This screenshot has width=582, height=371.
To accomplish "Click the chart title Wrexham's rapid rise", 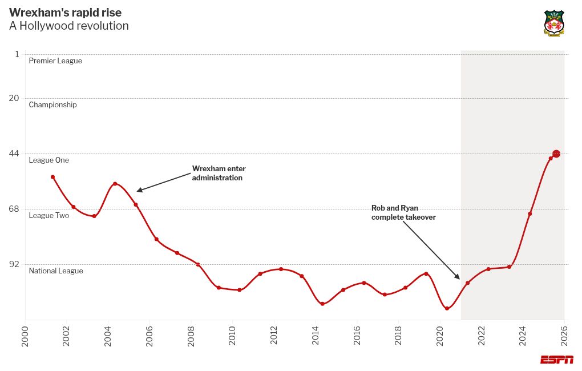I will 65,13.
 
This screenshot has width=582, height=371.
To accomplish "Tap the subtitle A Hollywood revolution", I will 69,26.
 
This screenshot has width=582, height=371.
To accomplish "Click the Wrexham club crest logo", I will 554,23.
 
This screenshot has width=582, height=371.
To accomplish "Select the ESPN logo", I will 557,360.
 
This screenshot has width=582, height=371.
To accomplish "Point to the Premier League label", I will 55,61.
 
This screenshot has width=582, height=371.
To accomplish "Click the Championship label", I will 52,105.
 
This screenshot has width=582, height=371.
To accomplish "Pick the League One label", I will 49,160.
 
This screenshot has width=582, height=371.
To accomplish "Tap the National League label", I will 56,271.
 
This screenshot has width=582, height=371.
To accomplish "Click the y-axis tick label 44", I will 15,154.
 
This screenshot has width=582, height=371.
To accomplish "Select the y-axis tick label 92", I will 15,264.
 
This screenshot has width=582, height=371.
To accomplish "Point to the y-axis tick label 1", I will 17,54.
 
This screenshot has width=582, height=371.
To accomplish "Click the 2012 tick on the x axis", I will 274,336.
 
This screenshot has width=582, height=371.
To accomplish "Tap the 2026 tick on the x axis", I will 564,336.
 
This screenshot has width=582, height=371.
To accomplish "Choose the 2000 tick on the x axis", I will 25,336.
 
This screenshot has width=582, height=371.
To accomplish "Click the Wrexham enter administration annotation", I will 219,174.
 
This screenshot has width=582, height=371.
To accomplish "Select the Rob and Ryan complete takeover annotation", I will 403,213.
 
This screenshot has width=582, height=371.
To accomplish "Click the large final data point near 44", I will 556,154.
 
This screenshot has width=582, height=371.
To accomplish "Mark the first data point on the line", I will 52,177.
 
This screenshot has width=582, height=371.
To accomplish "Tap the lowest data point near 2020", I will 447,309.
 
